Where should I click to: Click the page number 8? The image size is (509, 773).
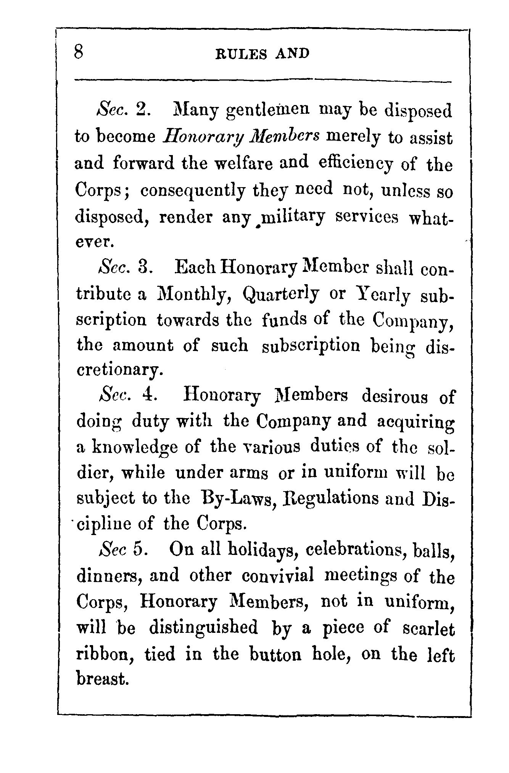click(x=79, y=52)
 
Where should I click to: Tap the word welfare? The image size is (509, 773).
click(x=244, y=163)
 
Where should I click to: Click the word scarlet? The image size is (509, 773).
click(x=428, y=629)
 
